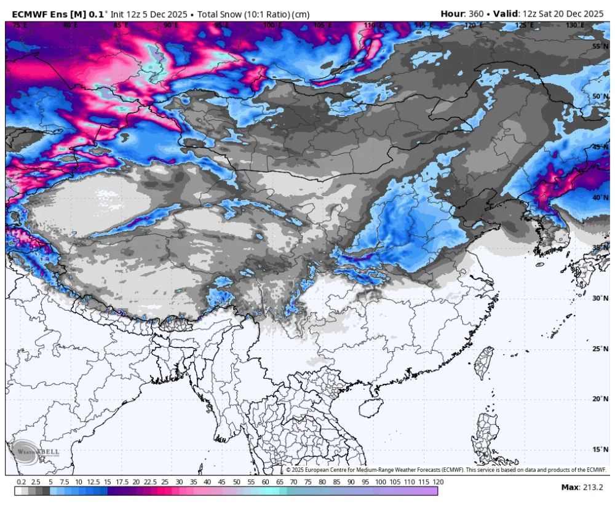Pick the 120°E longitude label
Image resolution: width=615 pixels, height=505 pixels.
tap(473, 25)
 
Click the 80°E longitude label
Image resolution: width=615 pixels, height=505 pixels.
tap(69, 25)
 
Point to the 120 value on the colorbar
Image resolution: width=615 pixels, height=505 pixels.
tap(438, 482)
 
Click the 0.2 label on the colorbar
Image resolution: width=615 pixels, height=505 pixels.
tap(22, 482)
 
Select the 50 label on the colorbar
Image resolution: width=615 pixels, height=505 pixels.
tap(236, 482)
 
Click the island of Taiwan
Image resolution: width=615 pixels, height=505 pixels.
tap(485, 363)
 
